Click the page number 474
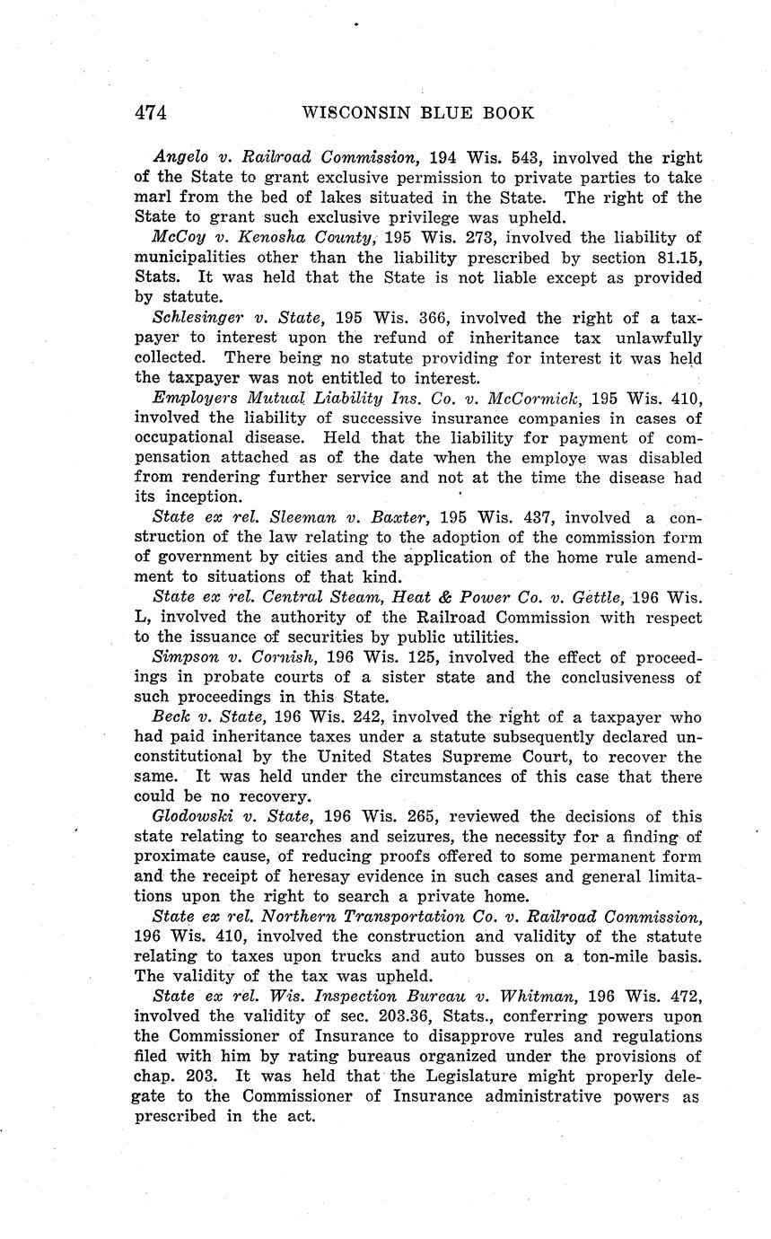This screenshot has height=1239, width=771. click(x=151, y=113)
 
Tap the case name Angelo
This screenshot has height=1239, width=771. click(x=180, y=158)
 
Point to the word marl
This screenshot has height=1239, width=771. click(x=152, y=198)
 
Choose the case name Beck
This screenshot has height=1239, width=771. click(x=171, y=717)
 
